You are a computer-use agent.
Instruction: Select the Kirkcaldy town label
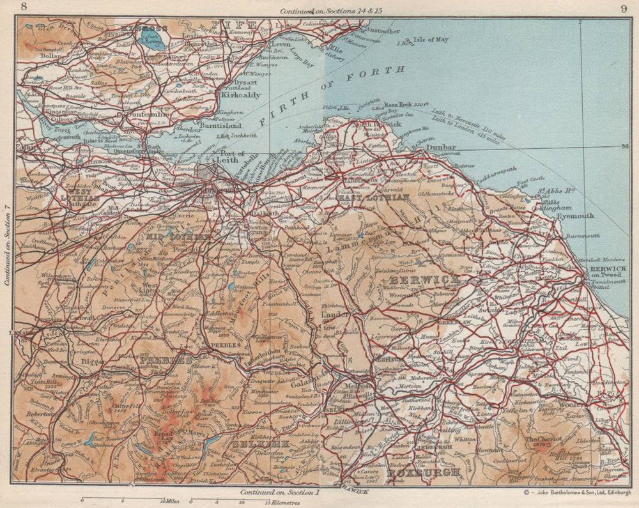pos(240,95)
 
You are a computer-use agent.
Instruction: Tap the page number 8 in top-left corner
pos(24,8)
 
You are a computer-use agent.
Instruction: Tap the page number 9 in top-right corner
pos(623,8)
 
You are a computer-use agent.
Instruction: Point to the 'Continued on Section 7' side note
pos(7,236)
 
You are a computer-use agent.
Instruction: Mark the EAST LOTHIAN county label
pos(374,198)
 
